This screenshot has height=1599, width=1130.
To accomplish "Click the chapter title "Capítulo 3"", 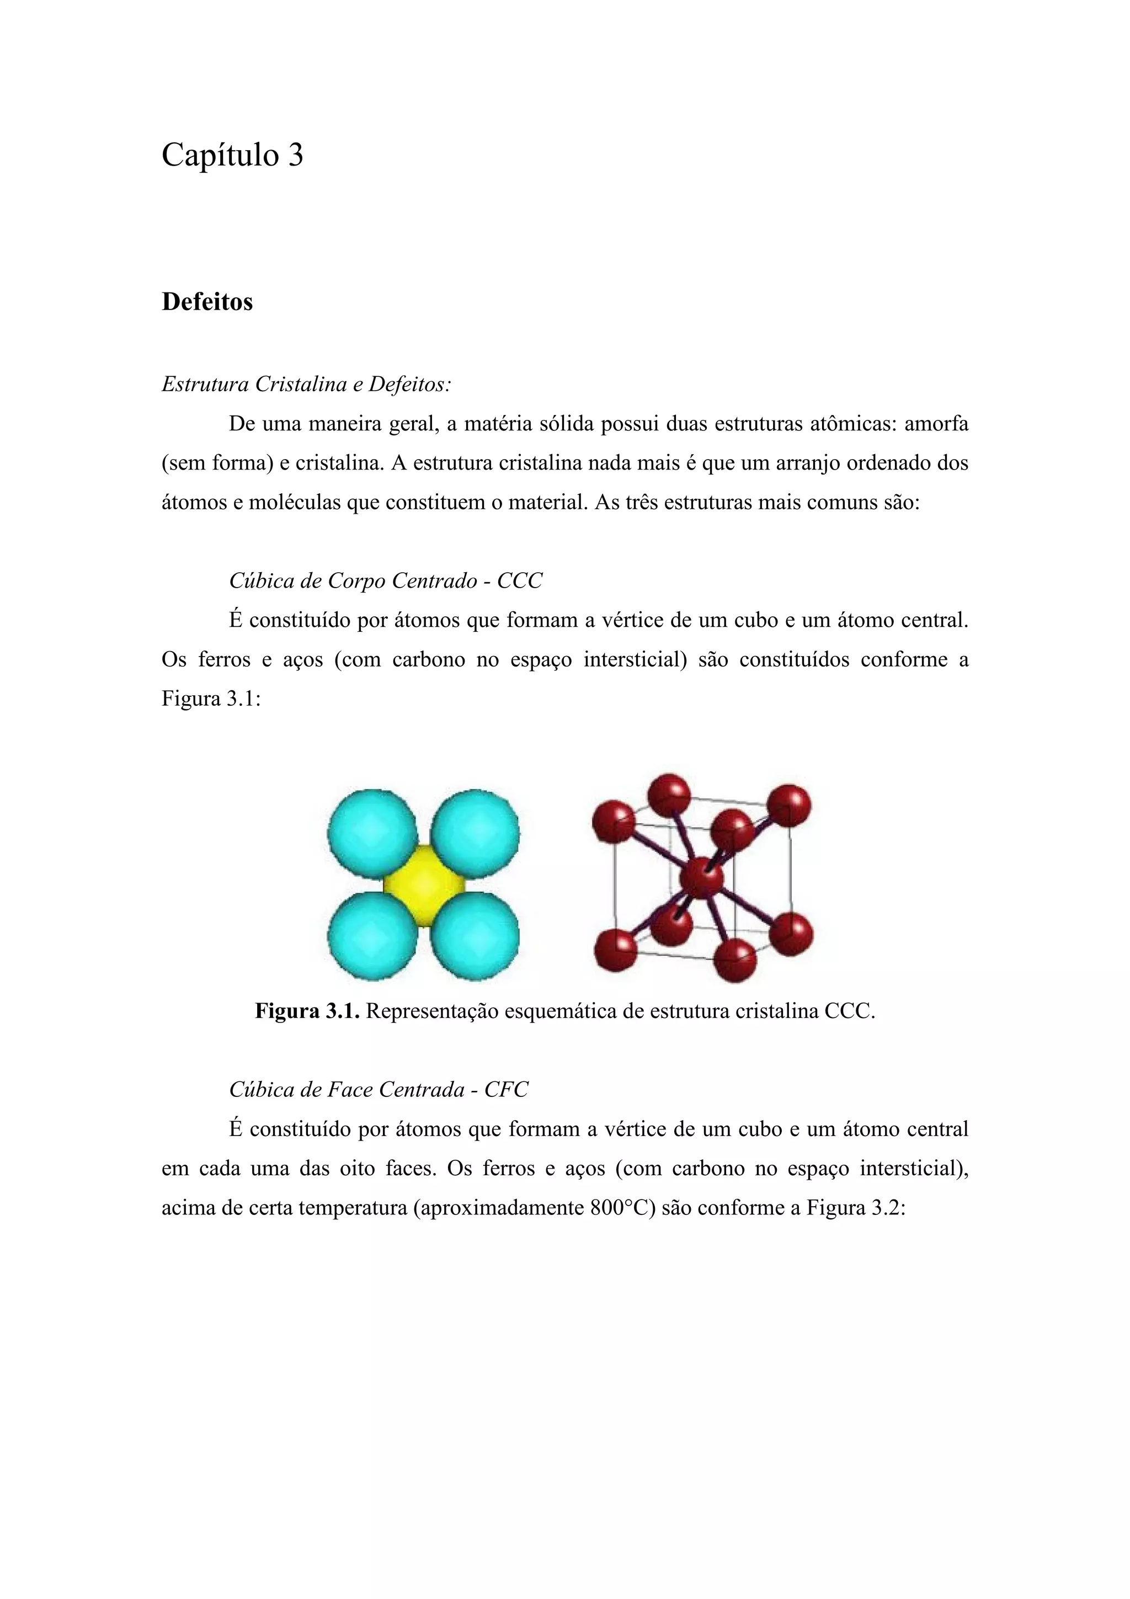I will click(232, 154).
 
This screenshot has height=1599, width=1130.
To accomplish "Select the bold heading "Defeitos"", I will click(207, 302).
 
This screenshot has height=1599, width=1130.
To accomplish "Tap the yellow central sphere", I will click(423, 885).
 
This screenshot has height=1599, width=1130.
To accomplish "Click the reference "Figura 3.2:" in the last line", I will click(856, 1208).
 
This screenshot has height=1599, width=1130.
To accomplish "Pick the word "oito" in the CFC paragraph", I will click(356, 1168).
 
